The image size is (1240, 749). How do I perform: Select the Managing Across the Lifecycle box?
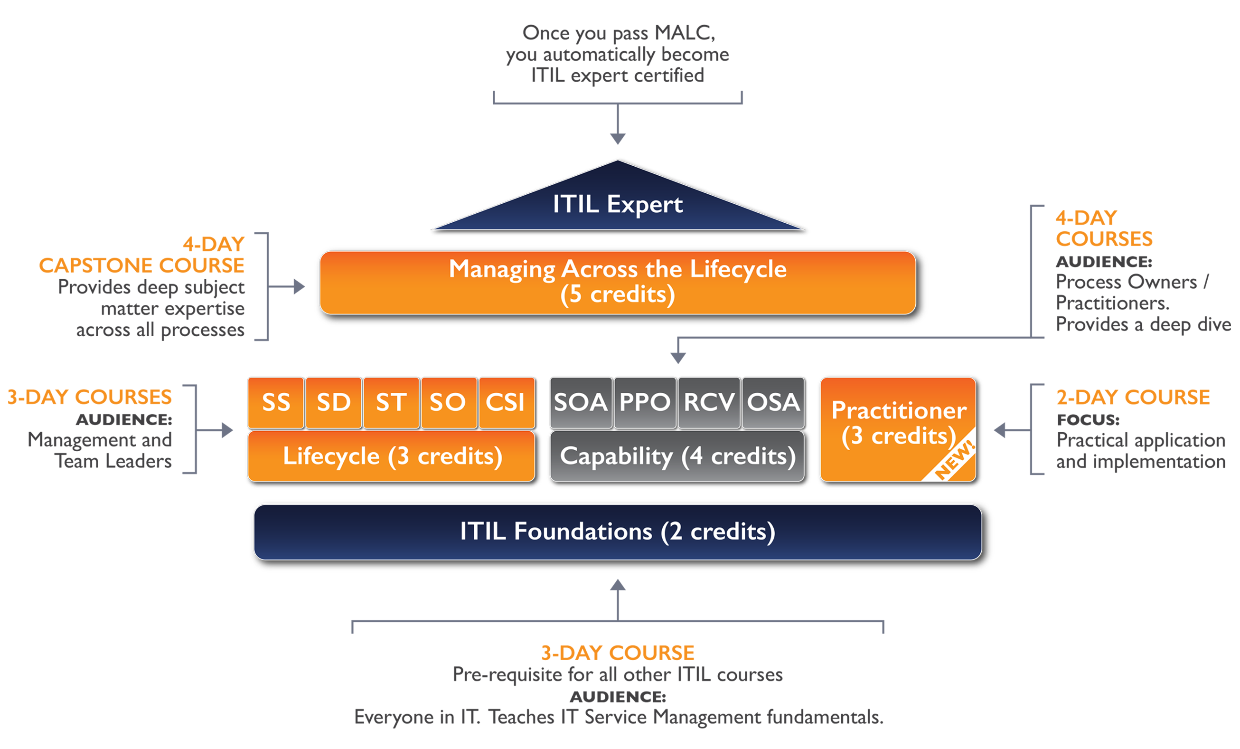point(618,283)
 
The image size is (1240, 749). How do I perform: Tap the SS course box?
point(276,402)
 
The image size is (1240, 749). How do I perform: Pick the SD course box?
point(334,402)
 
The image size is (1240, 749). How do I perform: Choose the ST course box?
point(391,402)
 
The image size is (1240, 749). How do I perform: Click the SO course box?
point(449,402)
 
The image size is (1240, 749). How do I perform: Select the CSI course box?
point(506,402)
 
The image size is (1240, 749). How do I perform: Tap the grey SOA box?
point(581,402)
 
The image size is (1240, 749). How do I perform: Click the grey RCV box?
point(709,402)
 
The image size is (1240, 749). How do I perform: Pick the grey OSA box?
point(773,402)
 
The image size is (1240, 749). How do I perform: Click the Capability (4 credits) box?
point(677,456)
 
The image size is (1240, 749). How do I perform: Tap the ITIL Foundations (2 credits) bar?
point(618,531)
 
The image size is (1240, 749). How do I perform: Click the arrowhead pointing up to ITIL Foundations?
point(618,585)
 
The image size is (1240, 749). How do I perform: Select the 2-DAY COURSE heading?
point(1133,397)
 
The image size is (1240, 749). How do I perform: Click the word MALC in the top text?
point(685,33)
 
